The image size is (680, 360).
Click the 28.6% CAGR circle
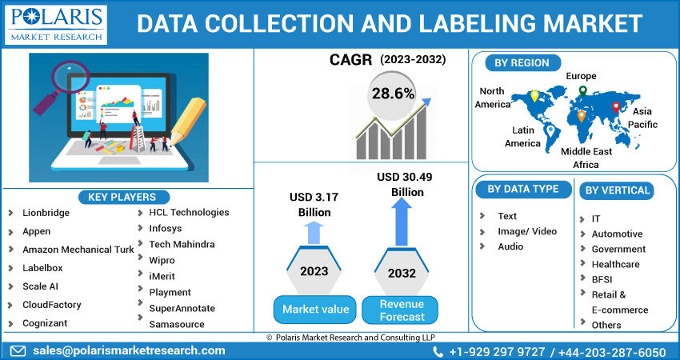click(393, 94)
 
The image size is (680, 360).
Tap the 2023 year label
click(314, 271)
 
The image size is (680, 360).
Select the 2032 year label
click(402, 273)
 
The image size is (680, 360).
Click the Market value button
click(314, 309)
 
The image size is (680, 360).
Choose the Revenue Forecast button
click(402, 310)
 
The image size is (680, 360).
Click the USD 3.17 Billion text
click(314, 205)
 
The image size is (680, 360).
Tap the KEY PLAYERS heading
click(122, 197)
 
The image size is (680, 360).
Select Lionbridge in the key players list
click(46, 213)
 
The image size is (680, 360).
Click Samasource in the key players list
click(177, 324)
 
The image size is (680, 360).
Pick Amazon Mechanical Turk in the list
click(78, 250)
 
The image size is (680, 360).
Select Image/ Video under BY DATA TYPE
click(526, 231)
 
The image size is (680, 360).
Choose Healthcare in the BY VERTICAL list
click(615, 264)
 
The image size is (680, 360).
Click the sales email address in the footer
click(128, 350)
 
